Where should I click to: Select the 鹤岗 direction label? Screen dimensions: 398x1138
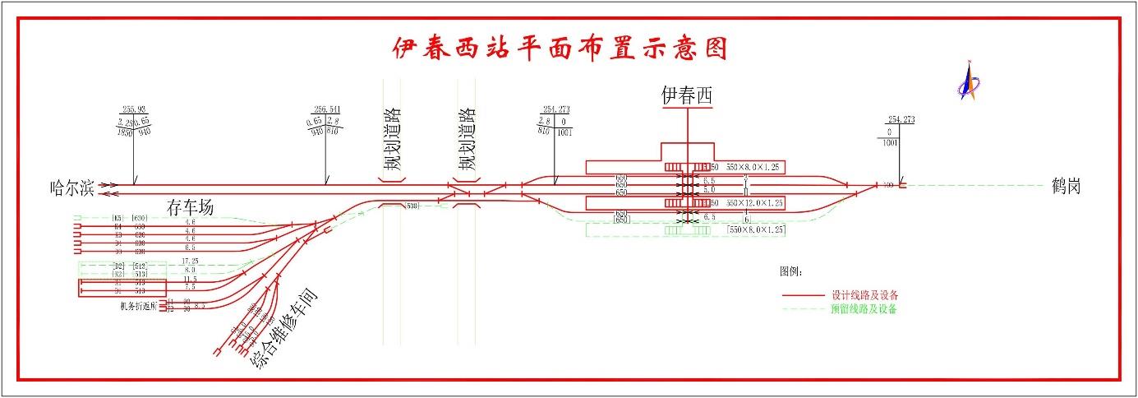tap(1066, 187)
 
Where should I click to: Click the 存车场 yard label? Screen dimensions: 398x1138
tap(190, 207)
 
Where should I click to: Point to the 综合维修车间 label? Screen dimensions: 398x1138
tap(283, 329)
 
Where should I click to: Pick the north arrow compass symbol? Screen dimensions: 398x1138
tap(970, 81)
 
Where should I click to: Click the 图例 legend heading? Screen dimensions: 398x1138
tap(790, 271)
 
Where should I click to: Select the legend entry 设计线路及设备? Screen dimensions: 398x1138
tap(864, 294)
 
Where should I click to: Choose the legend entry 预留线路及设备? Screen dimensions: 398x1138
tap(864, 310)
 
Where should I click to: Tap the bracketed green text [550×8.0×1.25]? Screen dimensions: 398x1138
tap(754, 231)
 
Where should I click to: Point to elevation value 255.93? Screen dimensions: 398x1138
tap(133, 109)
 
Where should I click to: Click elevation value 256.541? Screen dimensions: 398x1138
tap(326, 109)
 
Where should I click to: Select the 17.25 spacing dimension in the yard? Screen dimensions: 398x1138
tap(190, 260)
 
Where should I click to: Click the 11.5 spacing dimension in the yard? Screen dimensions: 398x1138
tap(190, 279)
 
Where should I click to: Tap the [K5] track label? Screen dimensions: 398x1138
tap(117, 218)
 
